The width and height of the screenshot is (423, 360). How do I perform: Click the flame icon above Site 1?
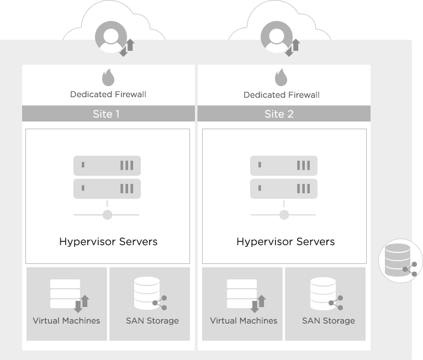pos(108,77)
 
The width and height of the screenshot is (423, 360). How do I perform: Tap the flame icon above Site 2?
pos(281,77)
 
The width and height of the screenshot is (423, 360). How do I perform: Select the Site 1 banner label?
pos(106,114)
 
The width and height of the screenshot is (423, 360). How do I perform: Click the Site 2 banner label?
pos(279,114)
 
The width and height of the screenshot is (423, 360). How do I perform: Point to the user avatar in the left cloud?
pos(111,37)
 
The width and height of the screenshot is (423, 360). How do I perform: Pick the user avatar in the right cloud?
pos(277,37)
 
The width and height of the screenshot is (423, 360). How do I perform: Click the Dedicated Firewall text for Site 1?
pos(108,94)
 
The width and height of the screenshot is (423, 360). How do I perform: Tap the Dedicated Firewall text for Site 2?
pos(282,94)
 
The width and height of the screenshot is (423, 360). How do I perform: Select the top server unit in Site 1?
pos(107,166)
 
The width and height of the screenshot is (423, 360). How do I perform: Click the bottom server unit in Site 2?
pos(284,189)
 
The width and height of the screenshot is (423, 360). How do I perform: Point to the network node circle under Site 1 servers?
pos(107,215)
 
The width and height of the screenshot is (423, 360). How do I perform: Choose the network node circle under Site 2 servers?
pos(284,215)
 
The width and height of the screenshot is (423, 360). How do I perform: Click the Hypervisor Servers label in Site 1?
pos(108,242)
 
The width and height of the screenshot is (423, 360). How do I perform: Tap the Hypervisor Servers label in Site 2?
pos(285,242)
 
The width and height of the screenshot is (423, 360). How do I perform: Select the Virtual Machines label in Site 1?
pos(66,321)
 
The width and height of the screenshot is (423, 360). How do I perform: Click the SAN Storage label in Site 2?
pos(329,321)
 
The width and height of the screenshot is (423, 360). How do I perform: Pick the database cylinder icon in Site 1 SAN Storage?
pos(147,293)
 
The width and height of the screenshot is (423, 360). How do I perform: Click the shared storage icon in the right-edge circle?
pos(400,260)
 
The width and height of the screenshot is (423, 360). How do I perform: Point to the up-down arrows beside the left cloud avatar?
pos(127,47)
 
